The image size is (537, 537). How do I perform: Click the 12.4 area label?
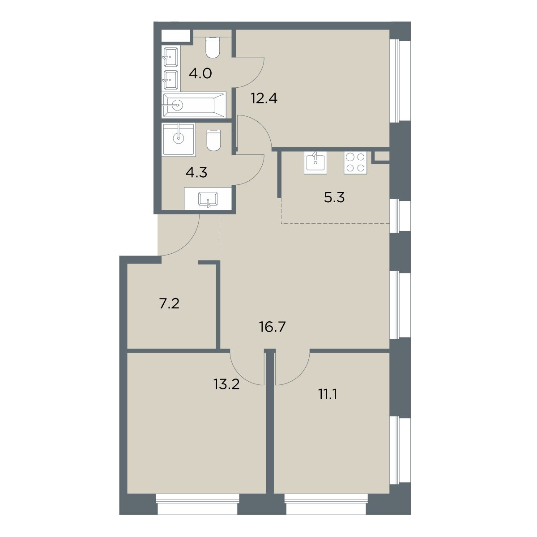(264, 98)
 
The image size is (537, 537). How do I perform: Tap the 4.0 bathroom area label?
(200, 73)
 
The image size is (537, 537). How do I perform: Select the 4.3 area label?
(196, 173)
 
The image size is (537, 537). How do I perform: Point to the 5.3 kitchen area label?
(334, 198)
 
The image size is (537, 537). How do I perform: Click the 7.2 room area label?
(170, 303)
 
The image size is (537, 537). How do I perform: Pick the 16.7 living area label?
(273, 327)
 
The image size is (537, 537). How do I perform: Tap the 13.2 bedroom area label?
(226, 384)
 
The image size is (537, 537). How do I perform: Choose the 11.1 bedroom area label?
(328, 395)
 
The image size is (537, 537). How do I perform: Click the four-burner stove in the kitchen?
(355, 163)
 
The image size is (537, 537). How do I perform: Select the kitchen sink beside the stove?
(315, 163)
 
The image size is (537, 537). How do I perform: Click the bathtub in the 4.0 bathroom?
(194, 105)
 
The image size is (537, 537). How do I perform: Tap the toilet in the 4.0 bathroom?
(213, 47)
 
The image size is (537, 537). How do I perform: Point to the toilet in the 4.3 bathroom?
(214, 140)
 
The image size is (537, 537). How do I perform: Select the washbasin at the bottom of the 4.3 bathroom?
(208, 199)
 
